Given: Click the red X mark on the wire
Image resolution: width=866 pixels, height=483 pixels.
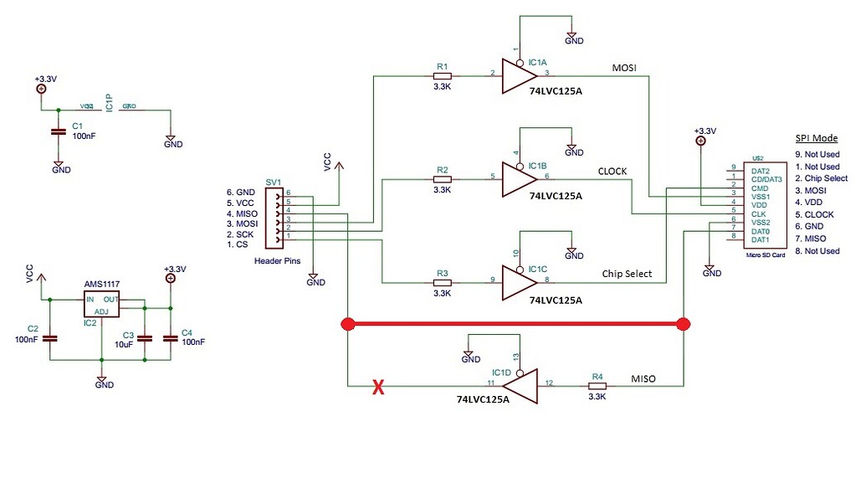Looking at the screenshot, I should (x=377, y=387).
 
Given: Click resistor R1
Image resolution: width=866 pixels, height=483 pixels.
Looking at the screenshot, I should (x=442, y=75).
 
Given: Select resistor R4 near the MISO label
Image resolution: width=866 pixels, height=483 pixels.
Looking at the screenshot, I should (x=597, y=386).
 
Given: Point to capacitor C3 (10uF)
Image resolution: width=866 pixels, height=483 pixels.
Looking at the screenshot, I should (x=145, y=338).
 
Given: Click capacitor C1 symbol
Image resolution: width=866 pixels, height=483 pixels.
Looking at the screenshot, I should (x=58, y=131).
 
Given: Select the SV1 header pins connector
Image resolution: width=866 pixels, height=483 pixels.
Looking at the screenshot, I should (x=274, y=218).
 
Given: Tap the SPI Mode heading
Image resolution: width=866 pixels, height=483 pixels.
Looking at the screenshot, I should (x=815, y=138).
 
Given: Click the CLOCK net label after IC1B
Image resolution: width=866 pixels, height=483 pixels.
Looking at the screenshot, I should (x=612, y=172).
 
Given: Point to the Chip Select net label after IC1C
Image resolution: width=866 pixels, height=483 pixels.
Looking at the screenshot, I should (x=628, y=274).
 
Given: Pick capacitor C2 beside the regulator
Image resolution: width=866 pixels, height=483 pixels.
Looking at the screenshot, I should (x=49, y=337).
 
